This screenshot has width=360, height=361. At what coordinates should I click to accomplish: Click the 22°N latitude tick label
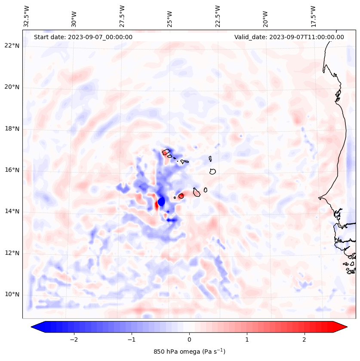(x=12, y=46)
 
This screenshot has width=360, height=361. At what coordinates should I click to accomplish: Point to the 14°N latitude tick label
(x=12, y=212)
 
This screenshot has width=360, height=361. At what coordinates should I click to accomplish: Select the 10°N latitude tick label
(x=12, y=295)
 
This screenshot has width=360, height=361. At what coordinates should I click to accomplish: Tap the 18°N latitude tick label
(x=12, y=129)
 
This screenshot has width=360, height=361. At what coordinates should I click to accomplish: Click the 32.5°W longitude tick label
(x=27, y=16)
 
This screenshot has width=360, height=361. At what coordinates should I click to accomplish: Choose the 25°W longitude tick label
(x=170, y=16)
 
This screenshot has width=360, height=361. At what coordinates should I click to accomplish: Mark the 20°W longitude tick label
(x=265, y=16)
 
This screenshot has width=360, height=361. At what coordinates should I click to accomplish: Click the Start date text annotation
(x=83, y=37)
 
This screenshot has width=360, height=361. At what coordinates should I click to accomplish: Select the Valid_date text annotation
(x=289, y=37)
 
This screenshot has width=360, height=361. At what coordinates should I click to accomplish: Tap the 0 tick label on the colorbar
(x=189, y=339)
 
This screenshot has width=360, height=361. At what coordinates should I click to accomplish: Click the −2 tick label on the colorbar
(x=74, y=339)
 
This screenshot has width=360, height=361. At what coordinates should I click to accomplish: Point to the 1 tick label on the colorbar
(x=247, y=339)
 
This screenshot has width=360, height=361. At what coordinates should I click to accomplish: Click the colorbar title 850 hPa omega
(x=189, y=352)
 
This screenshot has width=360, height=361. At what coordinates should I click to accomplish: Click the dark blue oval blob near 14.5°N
(x=161, y=201)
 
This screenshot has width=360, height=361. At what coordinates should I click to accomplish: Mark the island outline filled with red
(x=181, y=196)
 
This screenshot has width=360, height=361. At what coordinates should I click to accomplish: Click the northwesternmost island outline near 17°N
(x=166, y=152)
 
